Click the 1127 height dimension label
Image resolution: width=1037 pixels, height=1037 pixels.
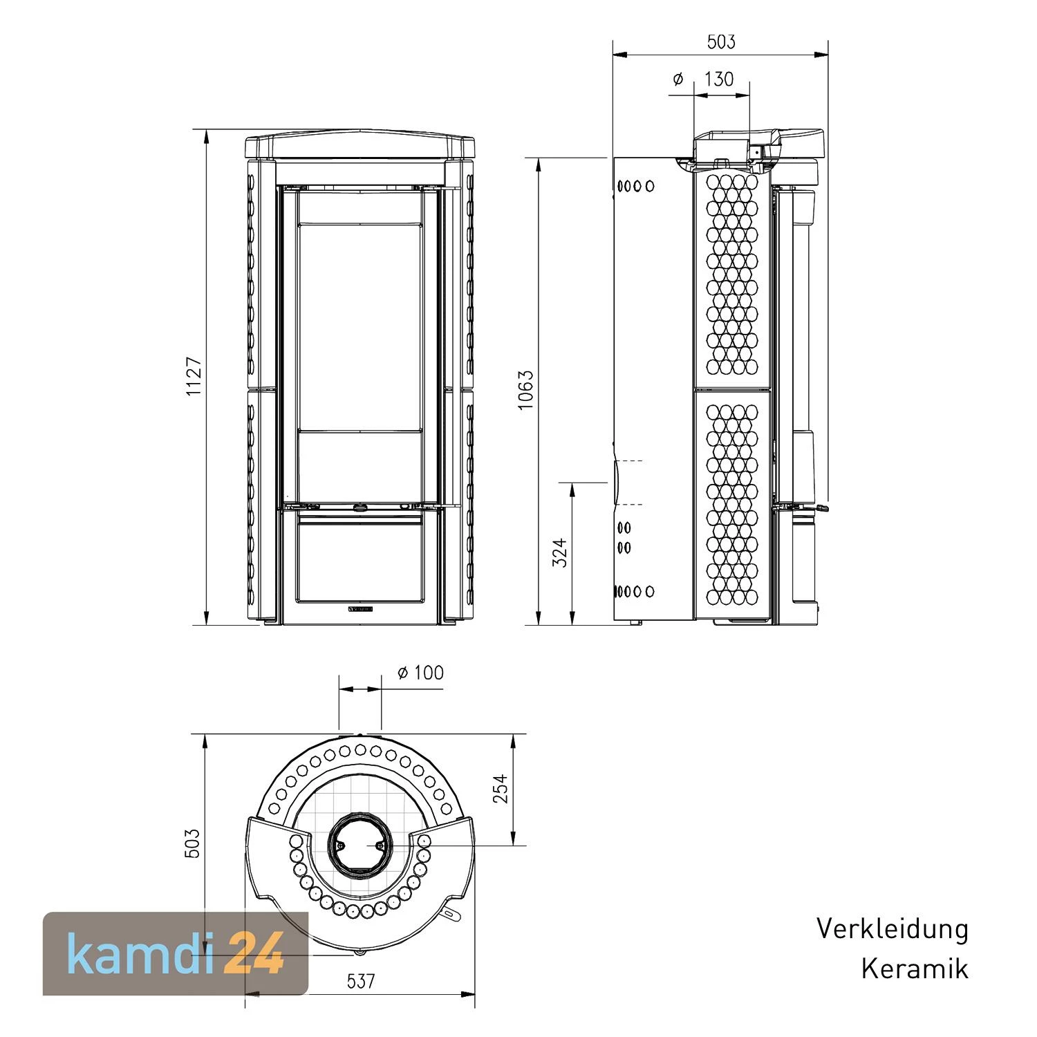(194, 377)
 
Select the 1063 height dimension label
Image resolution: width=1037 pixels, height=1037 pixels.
(526, 391)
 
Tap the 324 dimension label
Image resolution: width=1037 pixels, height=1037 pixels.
(560, 553)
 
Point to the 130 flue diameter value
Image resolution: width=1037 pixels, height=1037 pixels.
(719, 79)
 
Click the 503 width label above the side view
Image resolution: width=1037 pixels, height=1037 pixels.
(721, 42)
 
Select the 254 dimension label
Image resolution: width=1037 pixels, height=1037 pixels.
(500, 789)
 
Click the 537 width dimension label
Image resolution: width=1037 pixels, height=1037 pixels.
(361, 980)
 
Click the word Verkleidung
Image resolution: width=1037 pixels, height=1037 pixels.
(893, 928)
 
